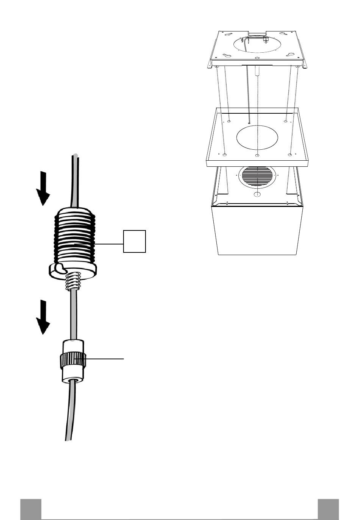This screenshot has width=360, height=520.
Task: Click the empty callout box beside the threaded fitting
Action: coord(135,241)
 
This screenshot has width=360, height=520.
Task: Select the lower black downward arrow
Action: coord(44,317)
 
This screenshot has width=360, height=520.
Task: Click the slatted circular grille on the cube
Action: coord(257,177)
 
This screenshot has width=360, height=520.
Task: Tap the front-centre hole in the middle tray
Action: coord(258,155)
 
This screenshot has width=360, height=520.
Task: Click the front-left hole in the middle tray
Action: coord(225,155)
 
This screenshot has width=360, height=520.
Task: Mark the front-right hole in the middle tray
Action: coord(290,155)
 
